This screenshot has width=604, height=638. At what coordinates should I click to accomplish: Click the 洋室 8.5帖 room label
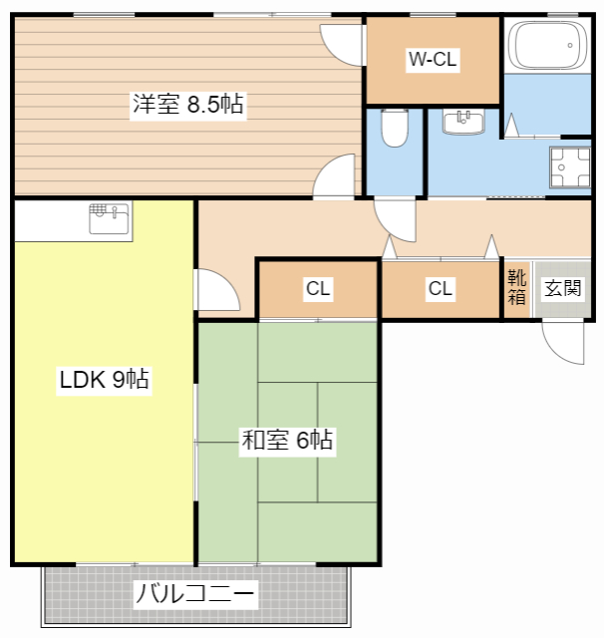(x=188, y=104)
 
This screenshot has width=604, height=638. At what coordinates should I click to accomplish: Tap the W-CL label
(x=433, y=59)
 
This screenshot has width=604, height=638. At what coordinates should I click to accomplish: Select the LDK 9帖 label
(x=104, y=380)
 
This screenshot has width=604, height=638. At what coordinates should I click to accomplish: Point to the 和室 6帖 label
(x=287, y=440)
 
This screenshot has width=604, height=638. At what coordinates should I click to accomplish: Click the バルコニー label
(x=195, y=594)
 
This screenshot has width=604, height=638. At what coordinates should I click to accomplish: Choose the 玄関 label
(x=562, y=288)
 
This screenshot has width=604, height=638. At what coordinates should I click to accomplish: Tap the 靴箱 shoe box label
(x=516, y=287)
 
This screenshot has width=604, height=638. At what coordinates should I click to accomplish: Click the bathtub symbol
(x=547, y=45)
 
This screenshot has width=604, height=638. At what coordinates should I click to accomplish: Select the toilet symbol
(x=395, y=128)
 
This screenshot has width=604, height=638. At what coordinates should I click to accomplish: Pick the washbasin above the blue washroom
(x=463, y=121)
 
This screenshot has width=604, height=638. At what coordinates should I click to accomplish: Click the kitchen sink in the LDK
(x=109, y=219)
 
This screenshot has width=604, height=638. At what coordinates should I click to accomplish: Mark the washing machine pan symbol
(x=569, y=166)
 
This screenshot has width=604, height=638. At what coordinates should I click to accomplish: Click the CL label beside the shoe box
(x=441, y=288)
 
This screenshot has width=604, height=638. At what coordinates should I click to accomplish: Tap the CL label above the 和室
(x=318, y=288)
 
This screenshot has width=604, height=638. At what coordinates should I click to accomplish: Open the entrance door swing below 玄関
(x=563, y=343)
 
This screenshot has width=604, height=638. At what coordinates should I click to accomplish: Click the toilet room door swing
(x=395, y=219)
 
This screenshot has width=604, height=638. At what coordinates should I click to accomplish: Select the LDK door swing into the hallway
(x=216, y=290)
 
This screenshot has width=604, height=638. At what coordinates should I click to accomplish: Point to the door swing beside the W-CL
(x=342, y=46)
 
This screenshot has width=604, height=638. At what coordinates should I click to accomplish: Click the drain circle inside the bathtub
(x=570, y=45)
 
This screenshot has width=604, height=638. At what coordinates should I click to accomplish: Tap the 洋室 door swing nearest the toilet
(x=334, y=175)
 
